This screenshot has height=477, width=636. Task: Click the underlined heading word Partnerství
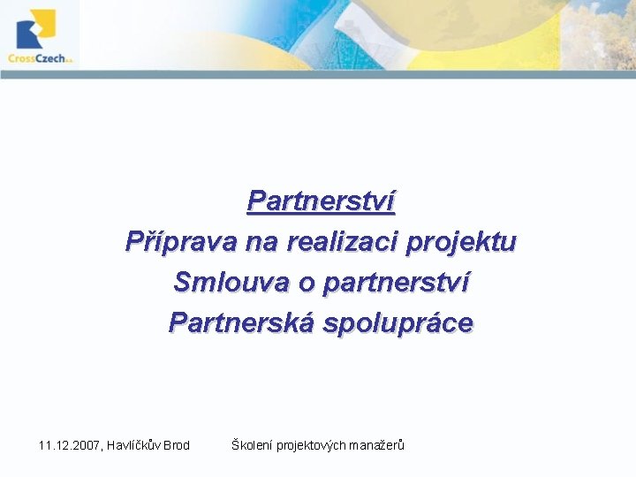(x=321, y=201)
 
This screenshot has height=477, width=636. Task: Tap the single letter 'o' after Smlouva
(x=307, y=283)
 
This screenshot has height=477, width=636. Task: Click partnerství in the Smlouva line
(x=397, y=283)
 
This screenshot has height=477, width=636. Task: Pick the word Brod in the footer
(x=177, y=445)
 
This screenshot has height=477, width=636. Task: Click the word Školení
(x=252, y=445)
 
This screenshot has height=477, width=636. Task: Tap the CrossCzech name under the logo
(x=36, y=58)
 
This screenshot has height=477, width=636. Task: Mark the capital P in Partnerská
(x=178, y=322)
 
